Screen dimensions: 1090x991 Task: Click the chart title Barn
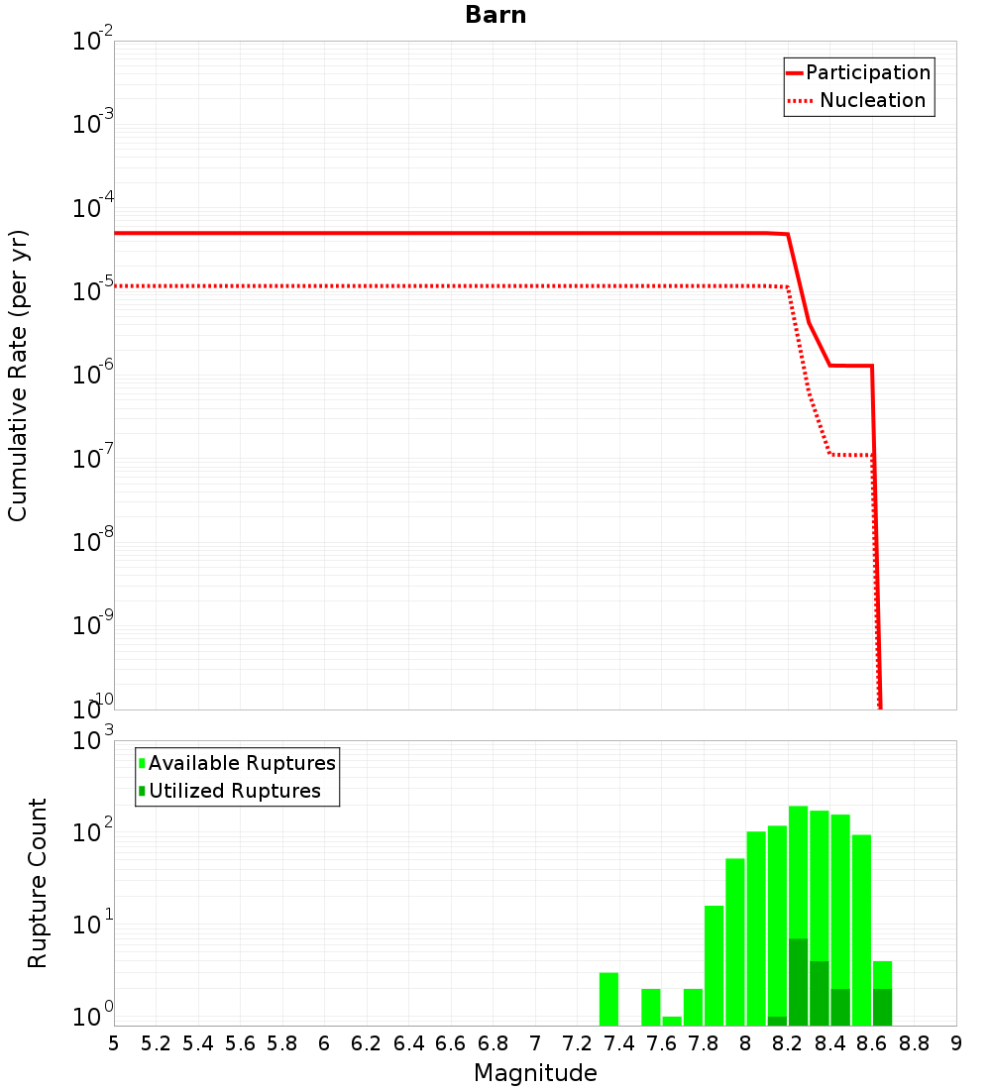[495, 15]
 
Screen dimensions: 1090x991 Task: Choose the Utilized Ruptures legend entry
[234, 791]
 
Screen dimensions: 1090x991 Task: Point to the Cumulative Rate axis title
[18, 375]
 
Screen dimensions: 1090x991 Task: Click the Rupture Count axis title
[38, 883]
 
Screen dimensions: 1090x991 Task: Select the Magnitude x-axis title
[535, 1073]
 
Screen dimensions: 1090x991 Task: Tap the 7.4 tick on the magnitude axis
[619, 1043]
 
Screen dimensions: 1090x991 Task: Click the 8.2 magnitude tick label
[788, 1043]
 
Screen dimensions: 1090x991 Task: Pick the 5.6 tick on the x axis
[240, 1043]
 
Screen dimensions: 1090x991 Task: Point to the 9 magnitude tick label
[956, 1043]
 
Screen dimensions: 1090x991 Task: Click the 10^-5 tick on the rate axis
[91, 289]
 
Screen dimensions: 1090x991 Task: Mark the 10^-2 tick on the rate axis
[91, 41]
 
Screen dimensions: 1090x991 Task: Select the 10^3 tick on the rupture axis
[91, 740]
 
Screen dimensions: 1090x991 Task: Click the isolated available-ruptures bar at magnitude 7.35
[608, 999]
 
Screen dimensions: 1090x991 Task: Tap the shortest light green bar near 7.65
[672, 1021]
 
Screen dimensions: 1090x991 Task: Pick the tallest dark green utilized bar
[798, 982]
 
